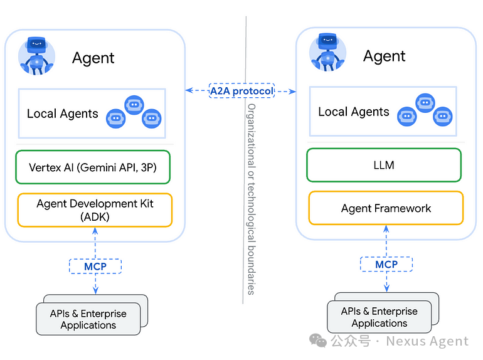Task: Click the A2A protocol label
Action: [242, 91]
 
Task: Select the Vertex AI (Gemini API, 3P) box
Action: [93, 167]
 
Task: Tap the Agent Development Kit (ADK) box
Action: [95, 210]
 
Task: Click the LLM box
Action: [384, 165]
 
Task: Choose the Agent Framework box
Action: [386, 208]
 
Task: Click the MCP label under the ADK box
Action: [95, 266]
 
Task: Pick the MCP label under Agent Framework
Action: [386, 264]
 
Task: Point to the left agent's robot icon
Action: [37, 56]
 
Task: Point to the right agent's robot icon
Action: [328, 53]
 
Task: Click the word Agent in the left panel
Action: [93, 58]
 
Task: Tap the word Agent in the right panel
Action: [385, 56]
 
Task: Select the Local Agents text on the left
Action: [63, 114]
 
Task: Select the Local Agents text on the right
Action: [354, 112]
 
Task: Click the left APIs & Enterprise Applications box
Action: [88, 319]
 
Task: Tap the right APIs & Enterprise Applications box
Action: [379, 317]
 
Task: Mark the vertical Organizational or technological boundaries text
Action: [251, 198]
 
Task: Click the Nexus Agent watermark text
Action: [427, 341]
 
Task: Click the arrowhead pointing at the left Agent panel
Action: [189, 91]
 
